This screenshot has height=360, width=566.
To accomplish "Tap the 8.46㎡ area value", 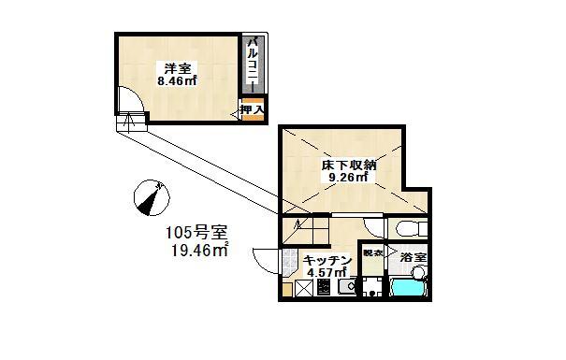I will click(x=176, y=81).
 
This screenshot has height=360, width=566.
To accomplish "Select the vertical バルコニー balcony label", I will click(x=252, y=63).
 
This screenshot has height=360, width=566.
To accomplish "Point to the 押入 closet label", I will click(x=252, y=109).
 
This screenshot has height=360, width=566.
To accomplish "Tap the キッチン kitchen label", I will click(x=327, y=259).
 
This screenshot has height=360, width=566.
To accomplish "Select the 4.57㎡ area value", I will click(x=327, y=272).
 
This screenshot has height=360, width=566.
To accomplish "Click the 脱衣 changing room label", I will click(x=372, y=253).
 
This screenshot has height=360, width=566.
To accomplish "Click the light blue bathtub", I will click(x=407, y=288).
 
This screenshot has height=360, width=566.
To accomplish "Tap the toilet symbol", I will click(x=409, y=230).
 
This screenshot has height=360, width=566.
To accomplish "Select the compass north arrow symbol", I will click(x=149, y=196).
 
